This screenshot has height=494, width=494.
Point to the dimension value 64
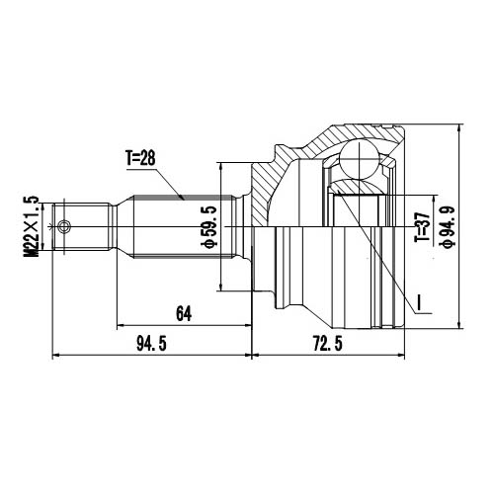tap(183, 314)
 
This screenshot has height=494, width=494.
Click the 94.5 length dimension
tap(149, 344)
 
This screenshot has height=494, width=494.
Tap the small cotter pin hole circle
tap(65, 228)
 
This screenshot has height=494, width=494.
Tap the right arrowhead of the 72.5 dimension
tap(402, 355)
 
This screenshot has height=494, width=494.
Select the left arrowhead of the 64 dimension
tap(121, 325)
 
